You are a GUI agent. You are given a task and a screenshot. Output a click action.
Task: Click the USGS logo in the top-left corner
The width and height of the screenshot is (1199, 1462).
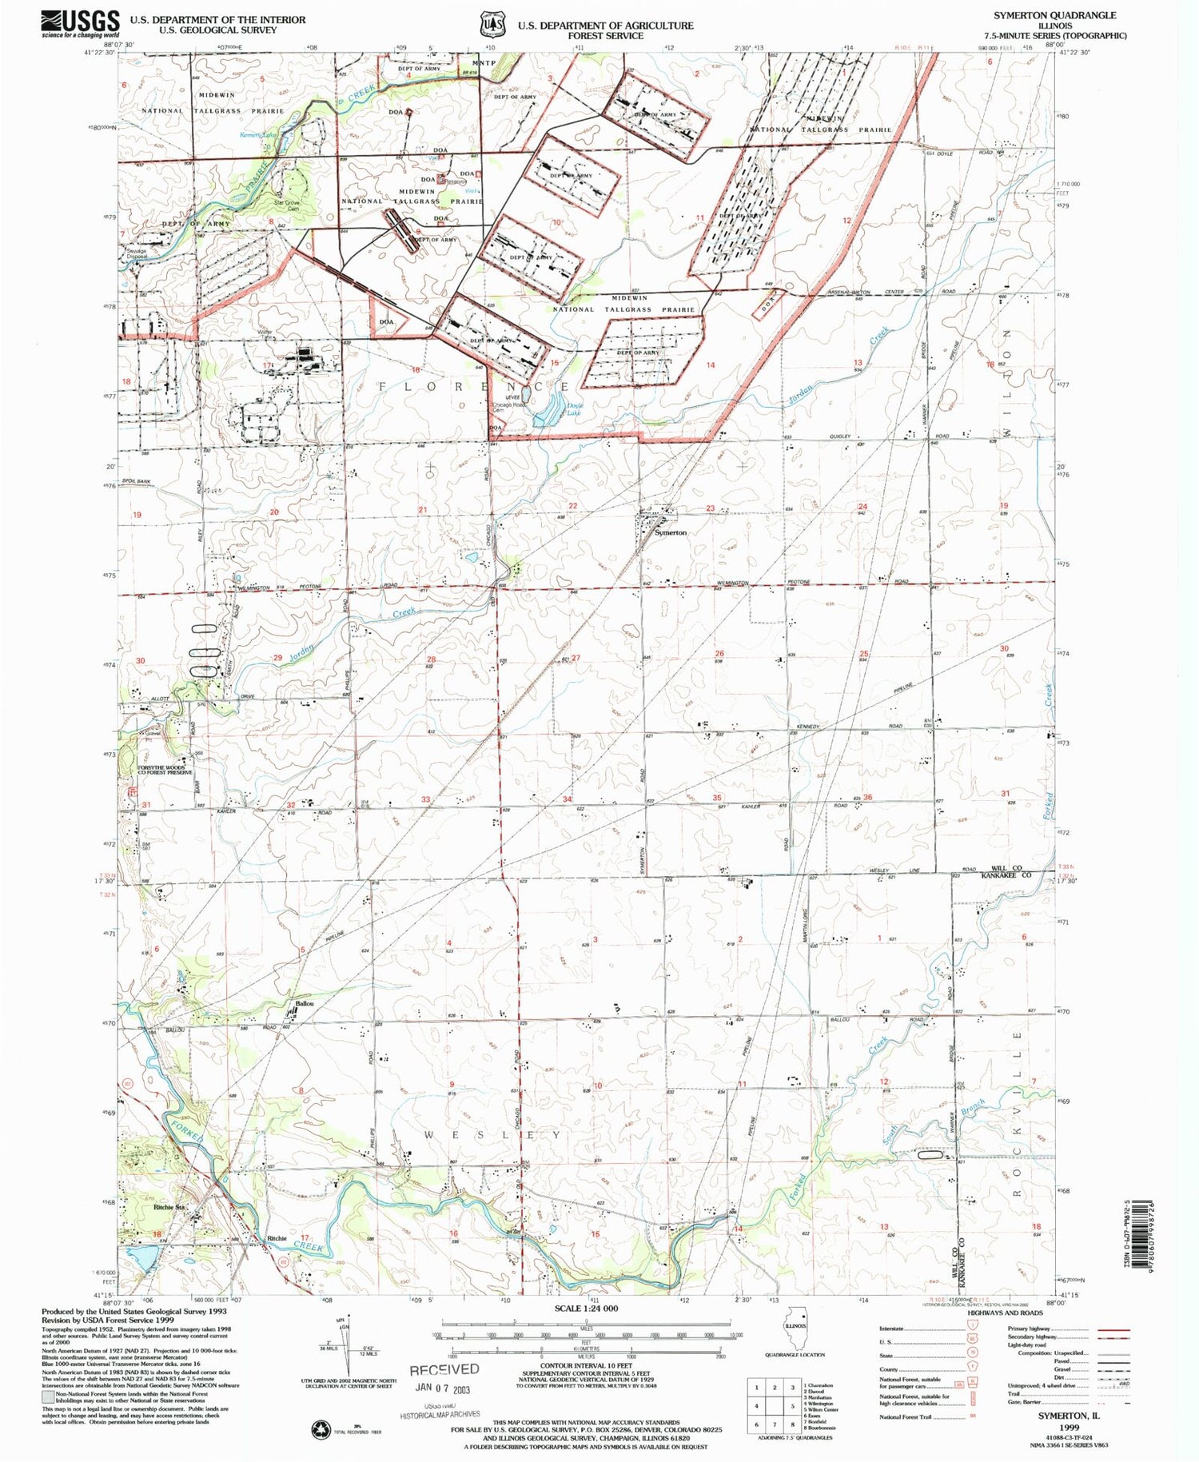(80, 22)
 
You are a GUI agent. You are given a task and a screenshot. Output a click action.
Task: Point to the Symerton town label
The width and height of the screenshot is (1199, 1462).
(671, 532)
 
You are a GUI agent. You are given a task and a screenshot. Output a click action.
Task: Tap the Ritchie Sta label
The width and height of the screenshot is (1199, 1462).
(169, 1208)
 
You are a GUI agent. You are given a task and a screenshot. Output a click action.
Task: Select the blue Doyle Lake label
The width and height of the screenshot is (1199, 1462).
(574, 409)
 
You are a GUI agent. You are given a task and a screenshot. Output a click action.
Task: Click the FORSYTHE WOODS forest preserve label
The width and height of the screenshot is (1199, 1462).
(165, 770)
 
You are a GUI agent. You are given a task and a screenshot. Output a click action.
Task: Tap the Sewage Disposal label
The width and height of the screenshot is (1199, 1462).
(137, 253)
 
